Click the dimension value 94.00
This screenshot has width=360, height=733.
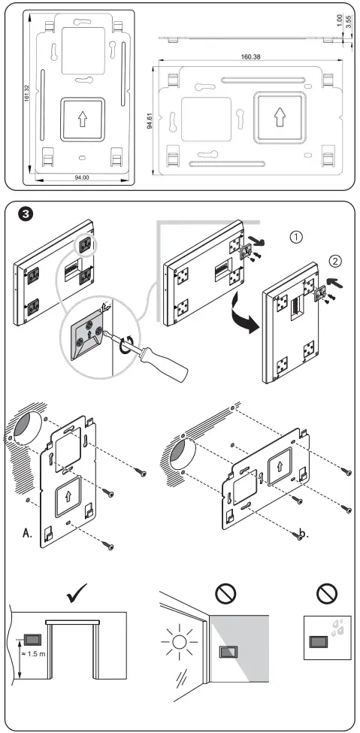(80, 177)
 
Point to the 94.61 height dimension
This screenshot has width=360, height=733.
(150, 120)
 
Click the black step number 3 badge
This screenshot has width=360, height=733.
(25, 214)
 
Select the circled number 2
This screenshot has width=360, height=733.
(336, 263)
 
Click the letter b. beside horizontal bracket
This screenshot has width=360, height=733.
(301, 535)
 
